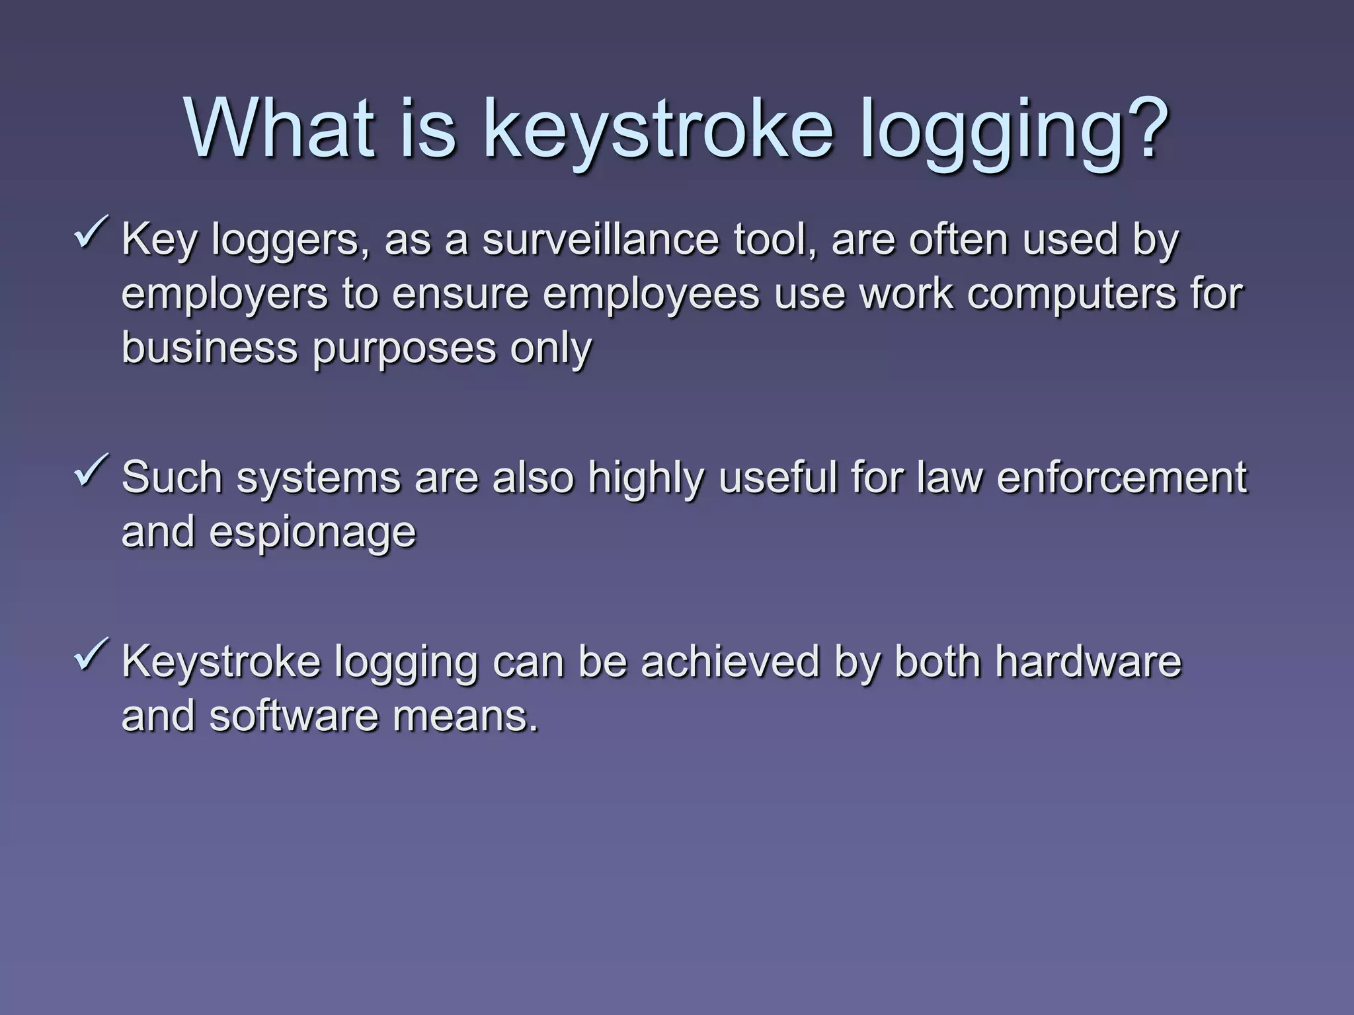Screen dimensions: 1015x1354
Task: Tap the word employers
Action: [x=225, y=294]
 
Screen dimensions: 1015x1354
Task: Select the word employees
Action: [x=652, y=294]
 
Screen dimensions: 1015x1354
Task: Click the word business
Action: [x=210, y=348]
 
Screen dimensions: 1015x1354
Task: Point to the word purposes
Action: [x=404, y=349]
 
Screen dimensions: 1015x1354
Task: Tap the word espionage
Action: [x=312, y=533]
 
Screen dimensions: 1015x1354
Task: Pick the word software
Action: [x=294, y=716]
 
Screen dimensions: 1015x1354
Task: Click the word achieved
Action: [x=730, y=661]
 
